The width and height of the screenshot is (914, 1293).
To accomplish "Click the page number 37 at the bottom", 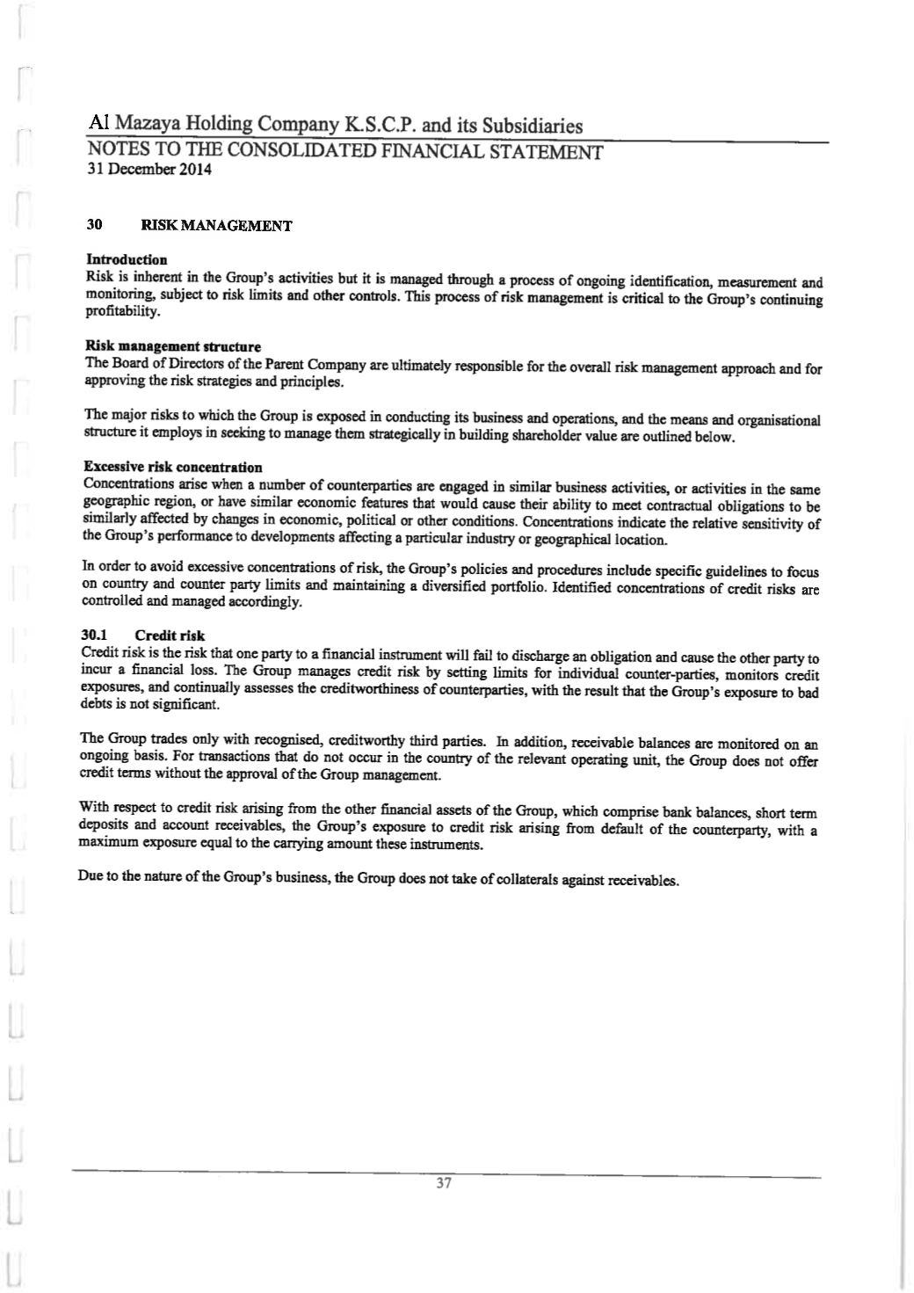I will (443, 1183).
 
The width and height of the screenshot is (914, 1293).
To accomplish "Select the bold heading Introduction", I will (127, 259).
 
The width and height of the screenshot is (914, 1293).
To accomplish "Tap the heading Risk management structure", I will (172, 346).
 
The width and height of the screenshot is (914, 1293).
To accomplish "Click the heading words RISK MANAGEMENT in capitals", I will (210, 226).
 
